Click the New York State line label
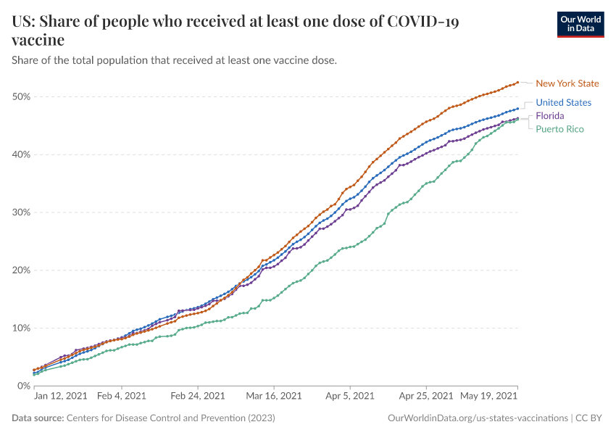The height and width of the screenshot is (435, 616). pos(567,83)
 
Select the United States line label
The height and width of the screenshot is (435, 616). pos(563,103)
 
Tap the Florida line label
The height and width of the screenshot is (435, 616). pos(550,116)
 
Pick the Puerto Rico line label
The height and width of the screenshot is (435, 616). pos(559,129)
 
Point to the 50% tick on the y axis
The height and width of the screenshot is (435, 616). pos(21,97)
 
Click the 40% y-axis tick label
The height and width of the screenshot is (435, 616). pos(21,154)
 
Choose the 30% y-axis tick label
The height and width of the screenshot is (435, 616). pos(21,212)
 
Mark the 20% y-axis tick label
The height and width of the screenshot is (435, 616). pos(21,270)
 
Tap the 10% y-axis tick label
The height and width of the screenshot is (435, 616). pos(21,328)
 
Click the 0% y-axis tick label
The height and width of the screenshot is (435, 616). pos(23,386)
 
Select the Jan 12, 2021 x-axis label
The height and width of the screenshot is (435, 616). pos(61,397)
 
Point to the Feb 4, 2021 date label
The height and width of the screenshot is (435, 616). pos(121,397)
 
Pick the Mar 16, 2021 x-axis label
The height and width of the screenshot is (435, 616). pos(274,397)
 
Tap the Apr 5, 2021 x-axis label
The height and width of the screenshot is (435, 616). pos(349,397)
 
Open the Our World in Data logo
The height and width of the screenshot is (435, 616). pos(580,24)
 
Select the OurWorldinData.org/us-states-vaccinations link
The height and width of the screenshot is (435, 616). pos(478,418)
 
